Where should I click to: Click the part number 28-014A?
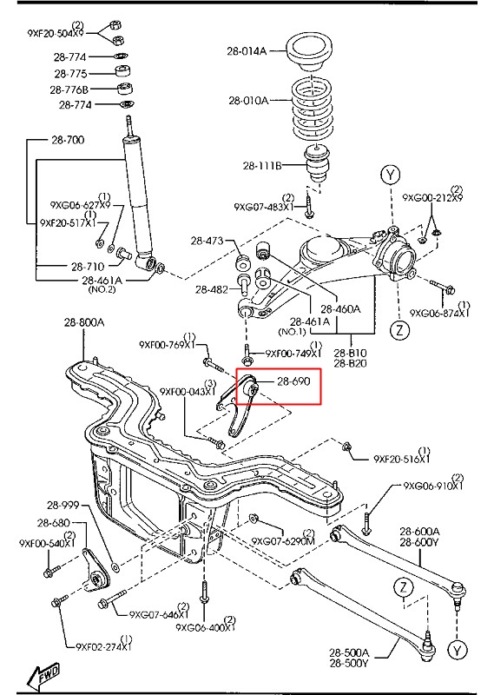(247, 51)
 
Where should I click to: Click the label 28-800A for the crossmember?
(84, 322)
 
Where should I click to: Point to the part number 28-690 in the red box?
(293, 381)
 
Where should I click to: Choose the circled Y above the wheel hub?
(391, 175)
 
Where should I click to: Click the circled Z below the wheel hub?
(400, 330)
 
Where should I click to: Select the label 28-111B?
(262, 166)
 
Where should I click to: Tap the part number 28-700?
(68, 140)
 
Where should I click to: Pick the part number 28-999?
(63, 506)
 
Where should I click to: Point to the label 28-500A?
(349, 652)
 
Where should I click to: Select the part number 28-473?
(207, 241)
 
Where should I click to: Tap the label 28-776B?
(69, 90)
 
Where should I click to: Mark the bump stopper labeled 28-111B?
(318, 163)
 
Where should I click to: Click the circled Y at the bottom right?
(457, 651)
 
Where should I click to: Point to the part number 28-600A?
(419, 532)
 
